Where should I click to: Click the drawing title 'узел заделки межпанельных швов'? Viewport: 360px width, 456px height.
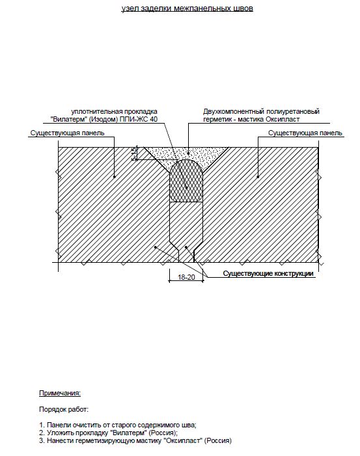(x=187, y=8)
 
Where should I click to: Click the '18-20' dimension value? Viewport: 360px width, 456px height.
(x=186, y=277)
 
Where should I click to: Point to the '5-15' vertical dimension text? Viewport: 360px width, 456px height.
(x=133, y=154)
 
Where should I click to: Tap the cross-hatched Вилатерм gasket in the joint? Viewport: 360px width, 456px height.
(x=186, y=180)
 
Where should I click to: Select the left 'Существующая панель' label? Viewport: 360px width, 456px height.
(x=67, y=133)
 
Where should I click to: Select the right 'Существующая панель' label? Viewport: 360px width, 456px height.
(x=305, y=133)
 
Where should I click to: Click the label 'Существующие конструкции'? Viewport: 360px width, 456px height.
(x=268, y=273)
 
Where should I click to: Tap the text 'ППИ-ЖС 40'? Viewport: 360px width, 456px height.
(x=139, y=119)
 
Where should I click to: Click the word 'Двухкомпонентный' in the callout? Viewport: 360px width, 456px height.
(x=234, y=111)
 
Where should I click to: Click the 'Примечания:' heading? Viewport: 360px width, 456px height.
(x=60, y=393)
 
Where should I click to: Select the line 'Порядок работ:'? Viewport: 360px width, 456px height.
(x=64, y=409)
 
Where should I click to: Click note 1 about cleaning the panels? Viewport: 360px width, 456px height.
(x=118, y=425)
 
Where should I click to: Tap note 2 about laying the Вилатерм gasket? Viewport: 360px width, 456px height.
(x=108, y=433)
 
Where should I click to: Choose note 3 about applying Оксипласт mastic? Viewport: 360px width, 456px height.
(x=135, y=440)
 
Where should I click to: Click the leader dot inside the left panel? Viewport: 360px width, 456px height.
(x=115, y=176)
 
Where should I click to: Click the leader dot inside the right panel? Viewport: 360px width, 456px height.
(x=258, y=176)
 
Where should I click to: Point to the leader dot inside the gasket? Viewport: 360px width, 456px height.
(x=187, y=187)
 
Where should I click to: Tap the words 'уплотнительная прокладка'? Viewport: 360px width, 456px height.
(x=115, y=111)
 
